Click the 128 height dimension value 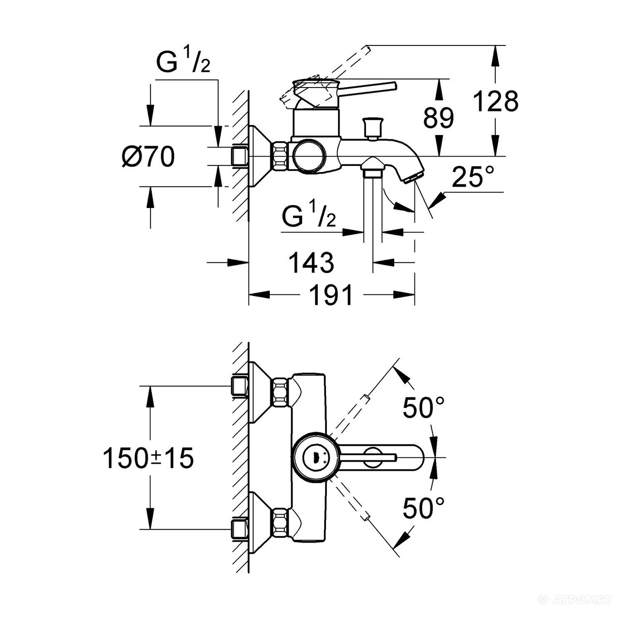click(495, 102)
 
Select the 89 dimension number click(439, 118)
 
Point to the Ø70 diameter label click(148, 157)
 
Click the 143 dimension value click(311, 263)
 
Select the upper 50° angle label click(424, 407)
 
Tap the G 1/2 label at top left click(183, 62)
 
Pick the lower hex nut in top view click(280, 523)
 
